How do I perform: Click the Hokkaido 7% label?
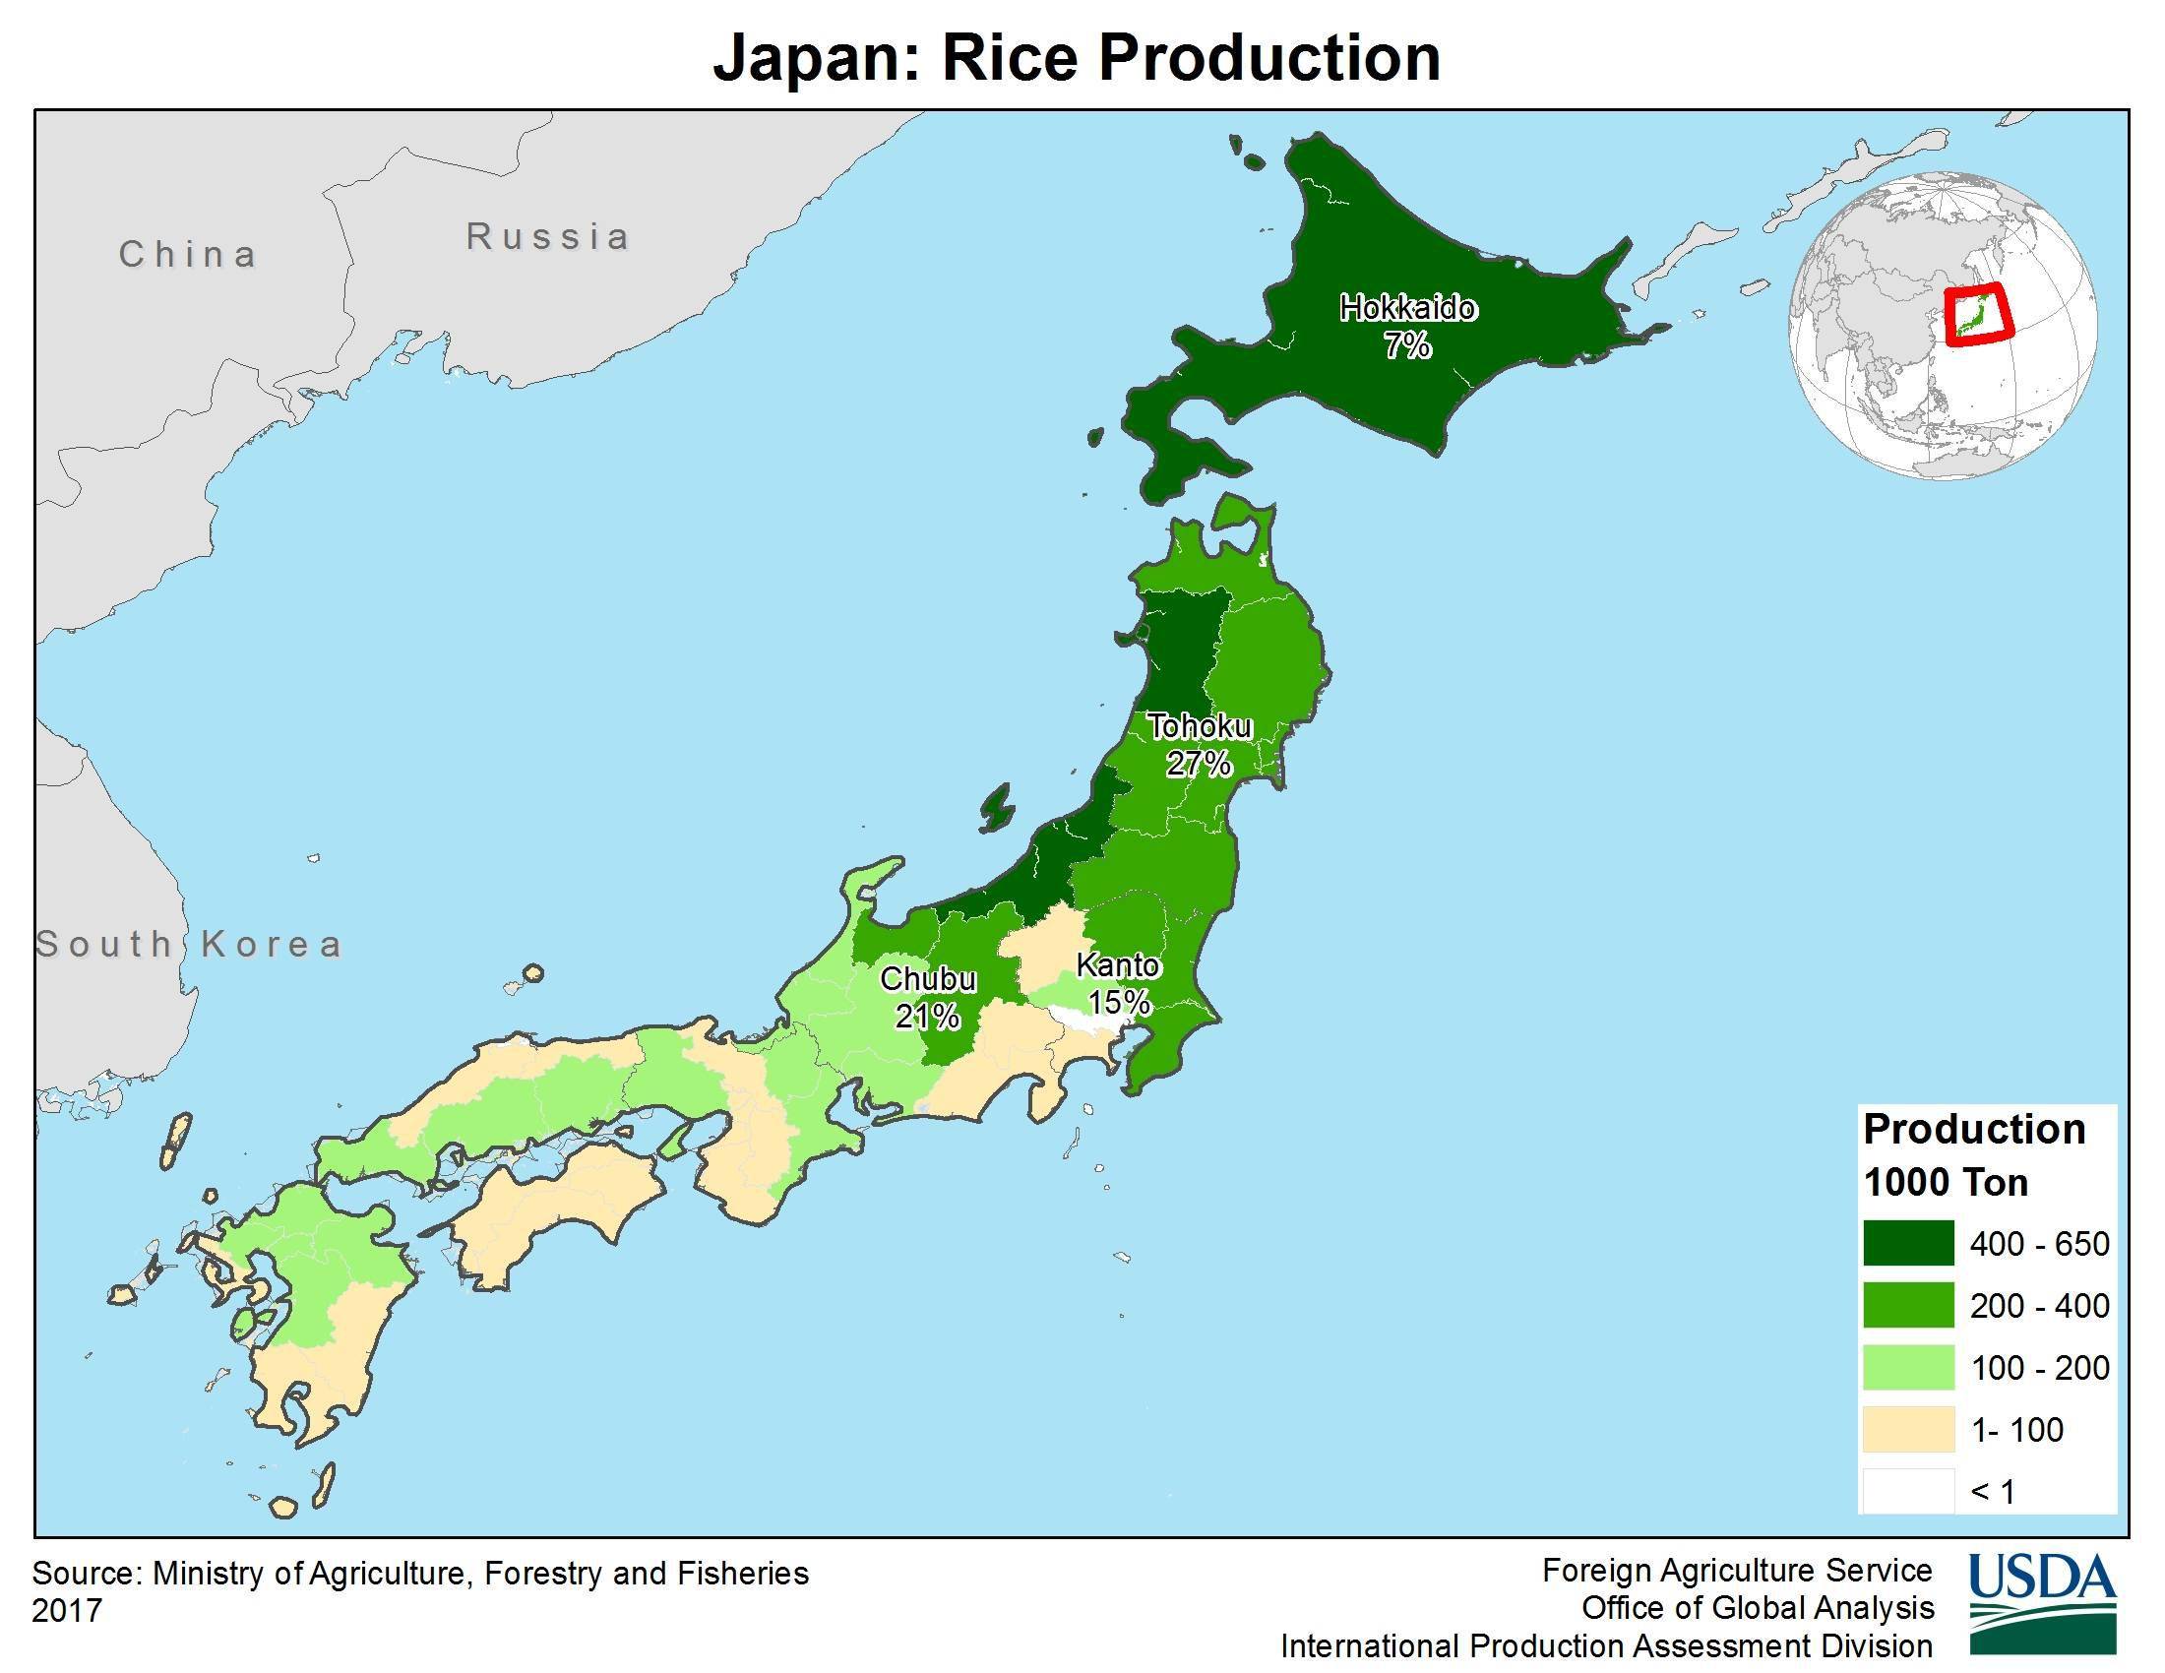point(1406,326)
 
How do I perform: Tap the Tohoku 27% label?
point(1200,744)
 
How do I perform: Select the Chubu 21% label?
point(928,997)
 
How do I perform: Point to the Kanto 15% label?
point(1118,983)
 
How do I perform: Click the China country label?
point(188,255)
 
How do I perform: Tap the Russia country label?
point(548,237)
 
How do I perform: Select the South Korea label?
point(189,944)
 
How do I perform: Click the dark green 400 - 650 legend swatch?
point(1907,1244)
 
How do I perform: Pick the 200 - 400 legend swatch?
point(1907,1305)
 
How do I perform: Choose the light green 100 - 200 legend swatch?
point(1907,1368)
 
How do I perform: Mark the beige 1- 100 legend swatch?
point(1907,1429)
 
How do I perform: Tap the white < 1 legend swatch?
point(1907,1491)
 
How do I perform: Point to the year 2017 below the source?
point(67,1611)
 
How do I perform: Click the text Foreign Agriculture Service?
point(1737,1571)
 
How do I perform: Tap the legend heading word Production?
point(1974,1130)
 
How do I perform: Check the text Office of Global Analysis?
point(1757,1608)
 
